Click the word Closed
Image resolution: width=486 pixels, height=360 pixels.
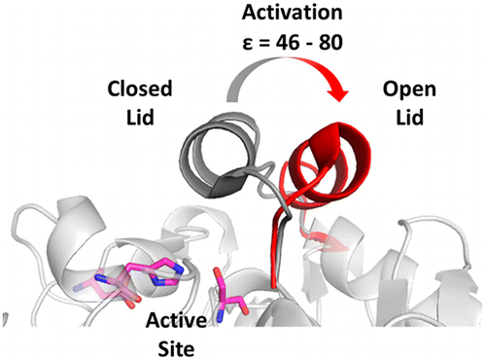(138, 90)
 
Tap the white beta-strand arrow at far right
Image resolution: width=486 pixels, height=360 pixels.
(453, 292)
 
